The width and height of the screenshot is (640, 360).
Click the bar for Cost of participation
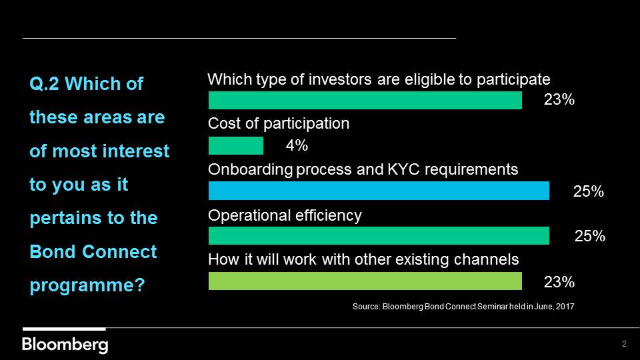(x=235, y=145)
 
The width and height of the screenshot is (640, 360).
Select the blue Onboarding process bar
(x=379, y=191)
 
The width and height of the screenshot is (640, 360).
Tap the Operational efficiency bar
(x=379, y=235)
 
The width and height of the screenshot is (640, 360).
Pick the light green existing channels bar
(x=365, y=281)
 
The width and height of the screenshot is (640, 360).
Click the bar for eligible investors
(x=365, y=100)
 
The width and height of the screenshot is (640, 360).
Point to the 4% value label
(x=297, y=145)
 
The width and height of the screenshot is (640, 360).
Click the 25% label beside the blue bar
(x=588, y=191)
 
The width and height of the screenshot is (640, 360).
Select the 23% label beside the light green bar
(x=559, y=281)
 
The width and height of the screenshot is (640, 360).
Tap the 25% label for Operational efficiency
(x=590, y=236)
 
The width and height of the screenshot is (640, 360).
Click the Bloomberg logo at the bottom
(x=65, y=345)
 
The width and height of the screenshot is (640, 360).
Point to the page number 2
(x=624, y=344)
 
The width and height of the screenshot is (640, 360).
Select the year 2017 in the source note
(x=565, y=306)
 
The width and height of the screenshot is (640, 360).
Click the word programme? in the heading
(x=87, y=285)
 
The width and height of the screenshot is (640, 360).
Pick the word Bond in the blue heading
(x=53, y=251)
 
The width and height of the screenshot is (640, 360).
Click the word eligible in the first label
(x=429, y=79)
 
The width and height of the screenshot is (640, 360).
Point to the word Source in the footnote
(x=366, y=306)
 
